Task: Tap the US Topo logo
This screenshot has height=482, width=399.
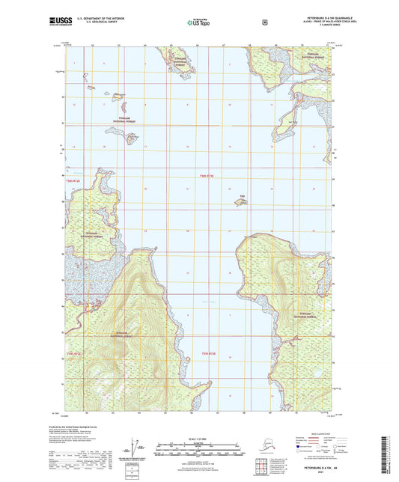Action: [x=198, y=22]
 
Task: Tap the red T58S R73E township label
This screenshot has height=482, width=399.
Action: [x=207, y=177]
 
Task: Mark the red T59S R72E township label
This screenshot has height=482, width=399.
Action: [x=73, y=353]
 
